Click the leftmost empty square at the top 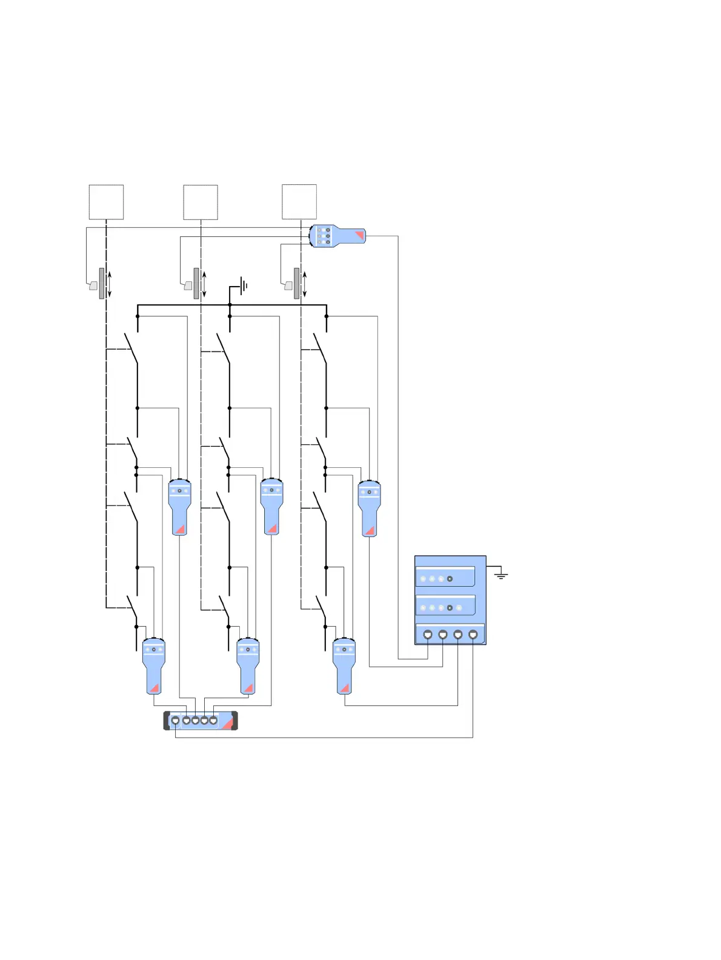[106, 202]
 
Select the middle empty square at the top [201, 202]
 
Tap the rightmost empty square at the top [299, 202]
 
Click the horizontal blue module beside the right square [337, 236]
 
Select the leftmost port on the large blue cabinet [428, 634]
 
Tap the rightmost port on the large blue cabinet [473, 634]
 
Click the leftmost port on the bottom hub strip [175, 721]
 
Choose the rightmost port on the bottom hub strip [213, 721]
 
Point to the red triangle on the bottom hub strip [228, 723]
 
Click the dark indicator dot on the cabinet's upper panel [450, 579]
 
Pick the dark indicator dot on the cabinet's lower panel [450, 607]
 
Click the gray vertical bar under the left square [102, 284]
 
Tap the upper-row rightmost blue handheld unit [369, 508]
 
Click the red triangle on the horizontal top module [359, 235]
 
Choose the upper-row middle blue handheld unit [271, 506]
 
